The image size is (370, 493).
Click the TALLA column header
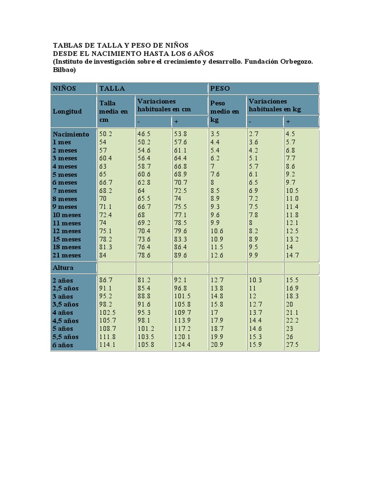coord(112,89)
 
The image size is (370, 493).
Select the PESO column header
coord(220,89)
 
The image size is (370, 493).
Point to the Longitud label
coord(67,111)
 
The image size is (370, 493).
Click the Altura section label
coord(63,267)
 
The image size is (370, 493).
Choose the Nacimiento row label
coord(71,134)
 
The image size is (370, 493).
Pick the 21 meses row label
coord(67,255)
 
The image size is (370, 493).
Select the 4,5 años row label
coord(66,321)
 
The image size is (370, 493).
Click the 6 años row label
coord(63,345)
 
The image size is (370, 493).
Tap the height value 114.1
coord(107,345)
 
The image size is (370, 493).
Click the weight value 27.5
coord(292,345)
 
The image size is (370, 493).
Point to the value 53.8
coord(181,134)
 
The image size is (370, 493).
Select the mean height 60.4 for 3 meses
coord(106,158)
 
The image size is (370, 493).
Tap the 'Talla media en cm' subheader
coord(114,111)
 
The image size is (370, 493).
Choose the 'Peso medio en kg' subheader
coord(225,111)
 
